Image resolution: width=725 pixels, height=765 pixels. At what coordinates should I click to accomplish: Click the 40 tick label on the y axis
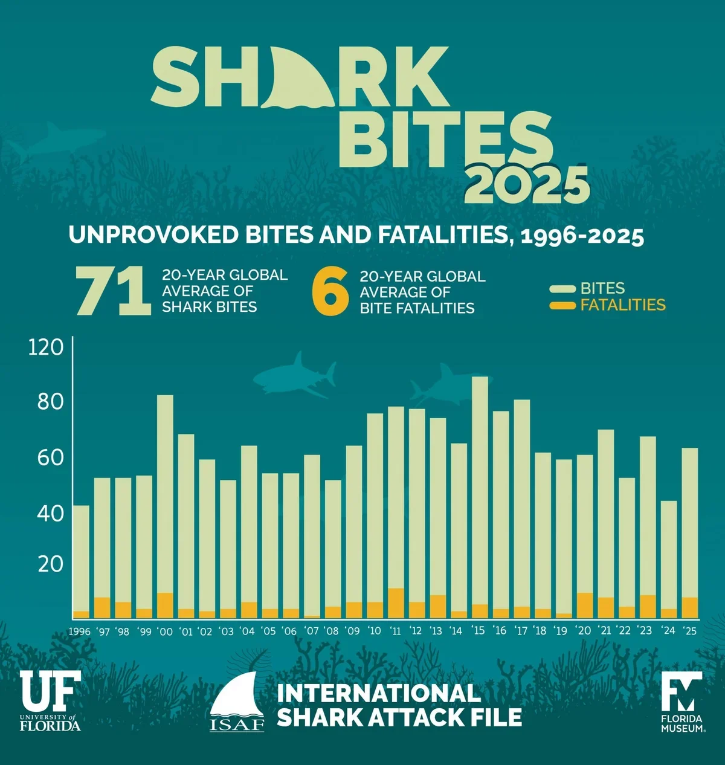pyautogui.click(x=50, y=514)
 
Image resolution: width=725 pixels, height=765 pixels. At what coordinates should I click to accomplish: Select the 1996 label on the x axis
pyautogui.click(x=79, y=631)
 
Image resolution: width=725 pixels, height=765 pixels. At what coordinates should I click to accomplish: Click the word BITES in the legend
pyautogui.click(x=602, y=289)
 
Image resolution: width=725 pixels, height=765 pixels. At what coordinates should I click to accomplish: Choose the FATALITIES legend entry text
pyautogui.click(x=623, y=305)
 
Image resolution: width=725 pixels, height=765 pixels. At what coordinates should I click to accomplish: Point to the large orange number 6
pyautogui.click(x=330, y=292)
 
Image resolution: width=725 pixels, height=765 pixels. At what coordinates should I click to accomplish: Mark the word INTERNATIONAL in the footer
pyautogui.click(x=379, y=693)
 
